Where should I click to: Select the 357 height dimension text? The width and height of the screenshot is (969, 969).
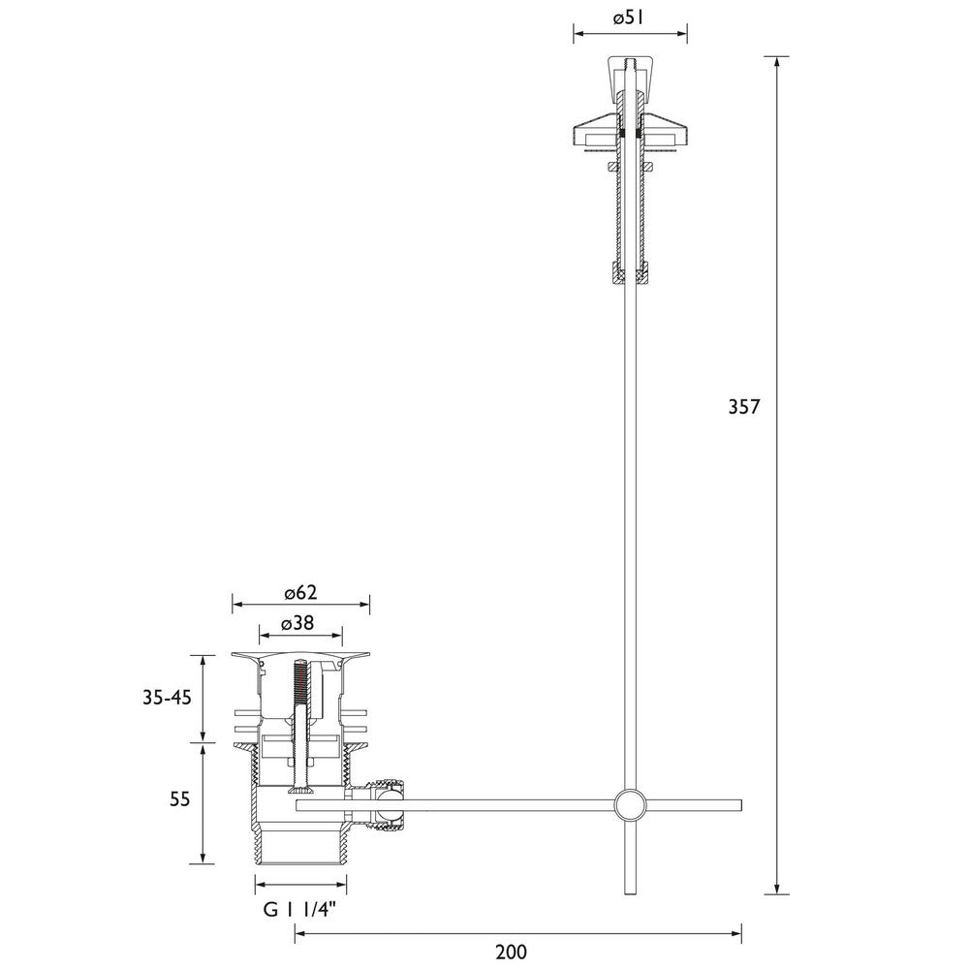[744, 407]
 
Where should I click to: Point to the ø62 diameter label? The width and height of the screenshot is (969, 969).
[300, 594]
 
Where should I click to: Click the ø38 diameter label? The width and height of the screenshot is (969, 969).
[300, 625]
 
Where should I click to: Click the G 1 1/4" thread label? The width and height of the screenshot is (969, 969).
[300, 909]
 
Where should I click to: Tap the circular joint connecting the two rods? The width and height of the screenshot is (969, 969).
[630, 805]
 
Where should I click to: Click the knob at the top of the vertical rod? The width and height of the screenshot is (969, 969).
[630, 73]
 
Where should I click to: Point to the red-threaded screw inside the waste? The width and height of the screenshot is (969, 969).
[300, 683]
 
